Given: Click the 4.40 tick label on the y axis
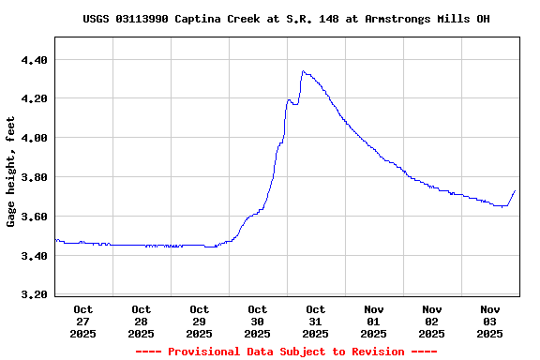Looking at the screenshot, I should [x=33, y=60].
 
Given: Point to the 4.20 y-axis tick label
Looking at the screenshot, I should [x=33, y=98].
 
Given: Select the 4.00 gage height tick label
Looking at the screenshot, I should [x=33, y=138].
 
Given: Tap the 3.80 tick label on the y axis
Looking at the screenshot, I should [x=33, y=177].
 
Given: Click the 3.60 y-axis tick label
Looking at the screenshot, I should [x=33, y=217].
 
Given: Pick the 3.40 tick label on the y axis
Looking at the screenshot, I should [x=33, y=255].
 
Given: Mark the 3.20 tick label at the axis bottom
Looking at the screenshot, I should [x=33, y=294].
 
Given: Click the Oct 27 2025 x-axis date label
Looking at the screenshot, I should [x=83, y=321].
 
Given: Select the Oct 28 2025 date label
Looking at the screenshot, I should [x=142, y=321].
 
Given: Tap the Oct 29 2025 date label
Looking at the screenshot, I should [x=200, y=321].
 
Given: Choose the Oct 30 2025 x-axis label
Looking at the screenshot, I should [x=258, y=321].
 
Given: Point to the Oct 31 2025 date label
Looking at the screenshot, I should [x=316, y=321].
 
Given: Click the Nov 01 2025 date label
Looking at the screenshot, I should [x=374, y=321].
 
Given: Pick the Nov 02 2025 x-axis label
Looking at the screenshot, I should [x=432, y=321].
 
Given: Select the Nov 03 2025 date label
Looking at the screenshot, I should [x=490, y=321].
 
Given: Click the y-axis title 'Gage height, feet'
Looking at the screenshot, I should [x=11, y=172].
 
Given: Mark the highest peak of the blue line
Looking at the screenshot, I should [x=303, y=71].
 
